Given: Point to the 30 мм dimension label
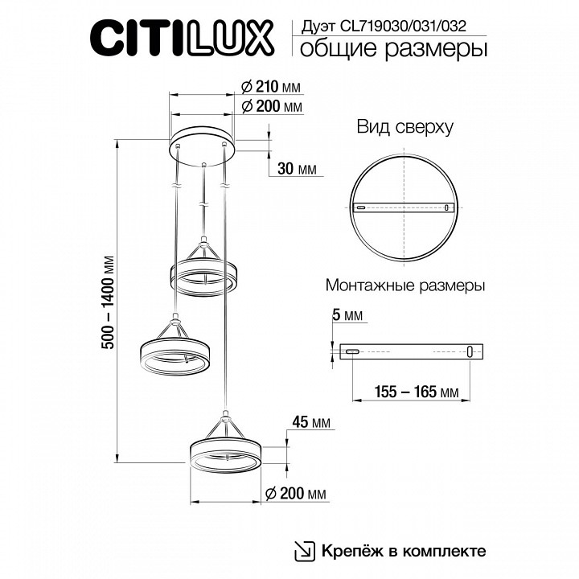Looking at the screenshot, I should [x=296, y=168].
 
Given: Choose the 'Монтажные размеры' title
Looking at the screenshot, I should [x=405, y=285].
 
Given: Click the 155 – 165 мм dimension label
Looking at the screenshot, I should [x=412, y=392].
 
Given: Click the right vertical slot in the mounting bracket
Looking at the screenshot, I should [x=470, y=351].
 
